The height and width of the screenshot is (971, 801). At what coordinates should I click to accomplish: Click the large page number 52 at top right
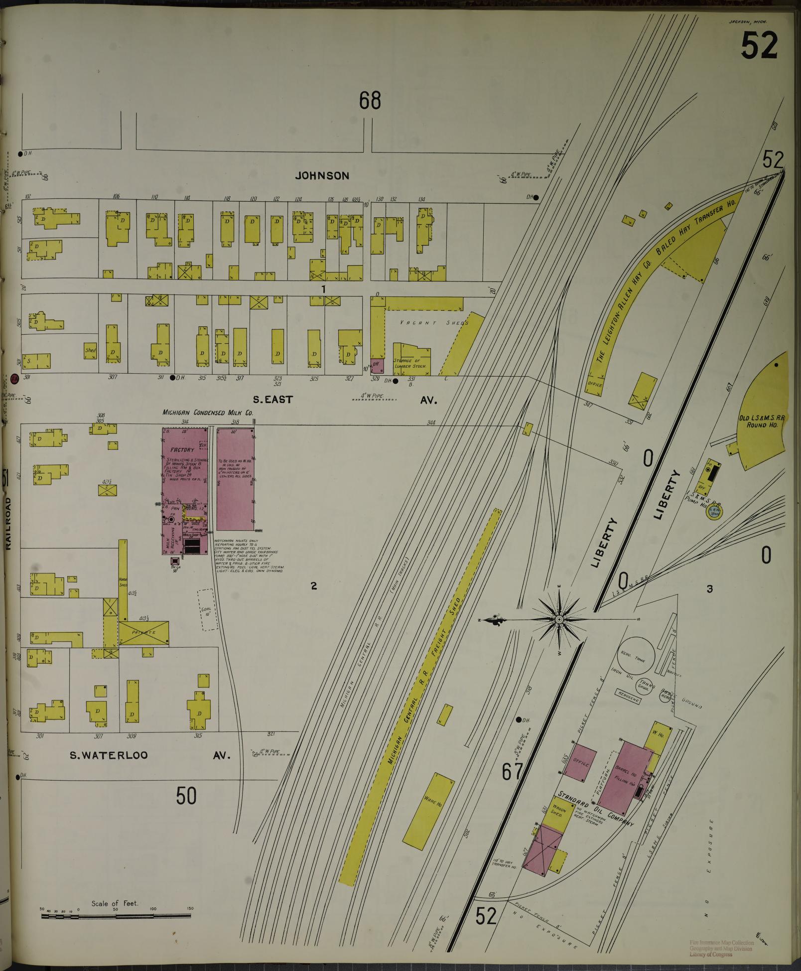click(759, 45)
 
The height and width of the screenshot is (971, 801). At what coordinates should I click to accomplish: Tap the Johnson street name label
click(322, 175)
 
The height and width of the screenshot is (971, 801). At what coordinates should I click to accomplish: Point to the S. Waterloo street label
click(109, 909)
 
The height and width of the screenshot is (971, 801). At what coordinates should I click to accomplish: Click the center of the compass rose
click(559, 619)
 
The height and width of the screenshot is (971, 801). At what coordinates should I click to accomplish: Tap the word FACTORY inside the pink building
click(182, 450)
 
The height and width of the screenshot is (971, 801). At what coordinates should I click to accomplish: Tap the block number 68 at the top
click(370, 101)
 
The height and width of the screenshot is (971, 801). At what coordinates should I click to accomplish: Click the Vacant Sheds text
click(433, 323)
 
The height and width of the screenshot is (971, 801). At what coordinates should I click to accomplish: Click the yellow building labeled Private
click(143, 632)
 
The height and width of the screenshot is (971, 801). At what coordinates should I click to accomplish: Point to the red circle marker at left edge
click(14, 378)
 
